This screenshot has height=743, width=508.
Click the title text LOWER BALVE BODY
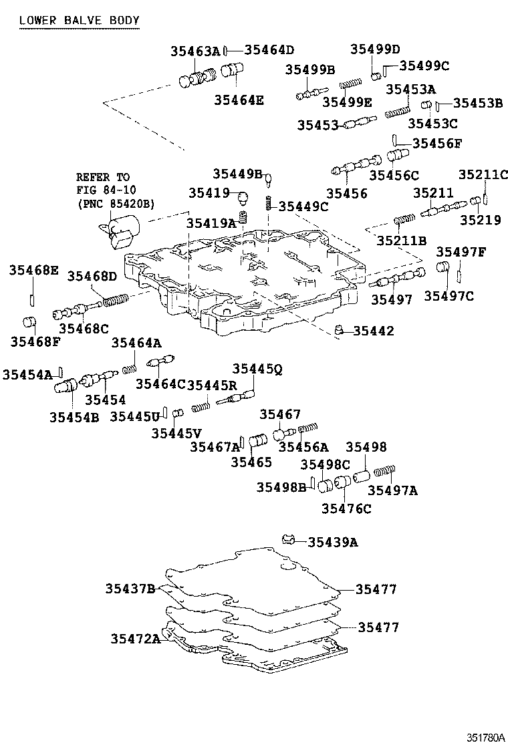click(79, 21)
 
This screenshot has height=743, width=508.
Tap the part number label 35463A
click(195, 51)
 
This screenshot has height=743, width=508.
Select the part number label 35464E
click(239, 100)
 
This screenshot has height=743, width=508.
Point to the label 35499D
click(375, 49)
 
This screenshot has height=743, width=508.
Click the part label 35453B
click(478, 103)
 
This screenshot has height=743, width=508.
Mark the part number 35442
click(373, 331)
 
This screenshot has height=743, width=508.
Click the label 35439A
click(332, 542)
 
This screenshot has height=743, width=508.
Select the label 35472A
click(136, 639)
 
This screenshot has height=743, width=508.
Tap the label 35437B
click(130, 589)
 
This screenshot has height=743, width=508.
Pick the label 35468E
click(34, 271)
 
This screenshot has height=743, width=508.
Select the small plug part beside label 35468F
click(28, 322)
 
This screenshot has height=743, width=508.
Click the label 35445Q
click(257, 368)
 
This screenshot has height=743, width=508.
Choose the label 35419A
click(211, 223)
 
